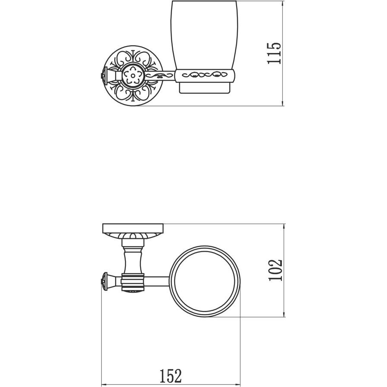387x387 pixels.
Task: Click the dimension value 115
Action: click(274, 53)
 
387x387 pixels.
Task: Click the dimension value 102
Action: click(275, 270)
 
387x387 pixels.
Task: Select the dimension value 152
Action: click(170, 376)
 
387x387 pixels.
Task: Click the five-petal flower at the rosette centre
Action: click(133, 75)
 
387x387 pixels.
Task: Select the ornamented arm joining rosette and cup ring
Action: click(159, 75)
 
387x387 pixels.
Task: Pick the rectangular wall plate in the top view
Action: click(133, 228)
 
